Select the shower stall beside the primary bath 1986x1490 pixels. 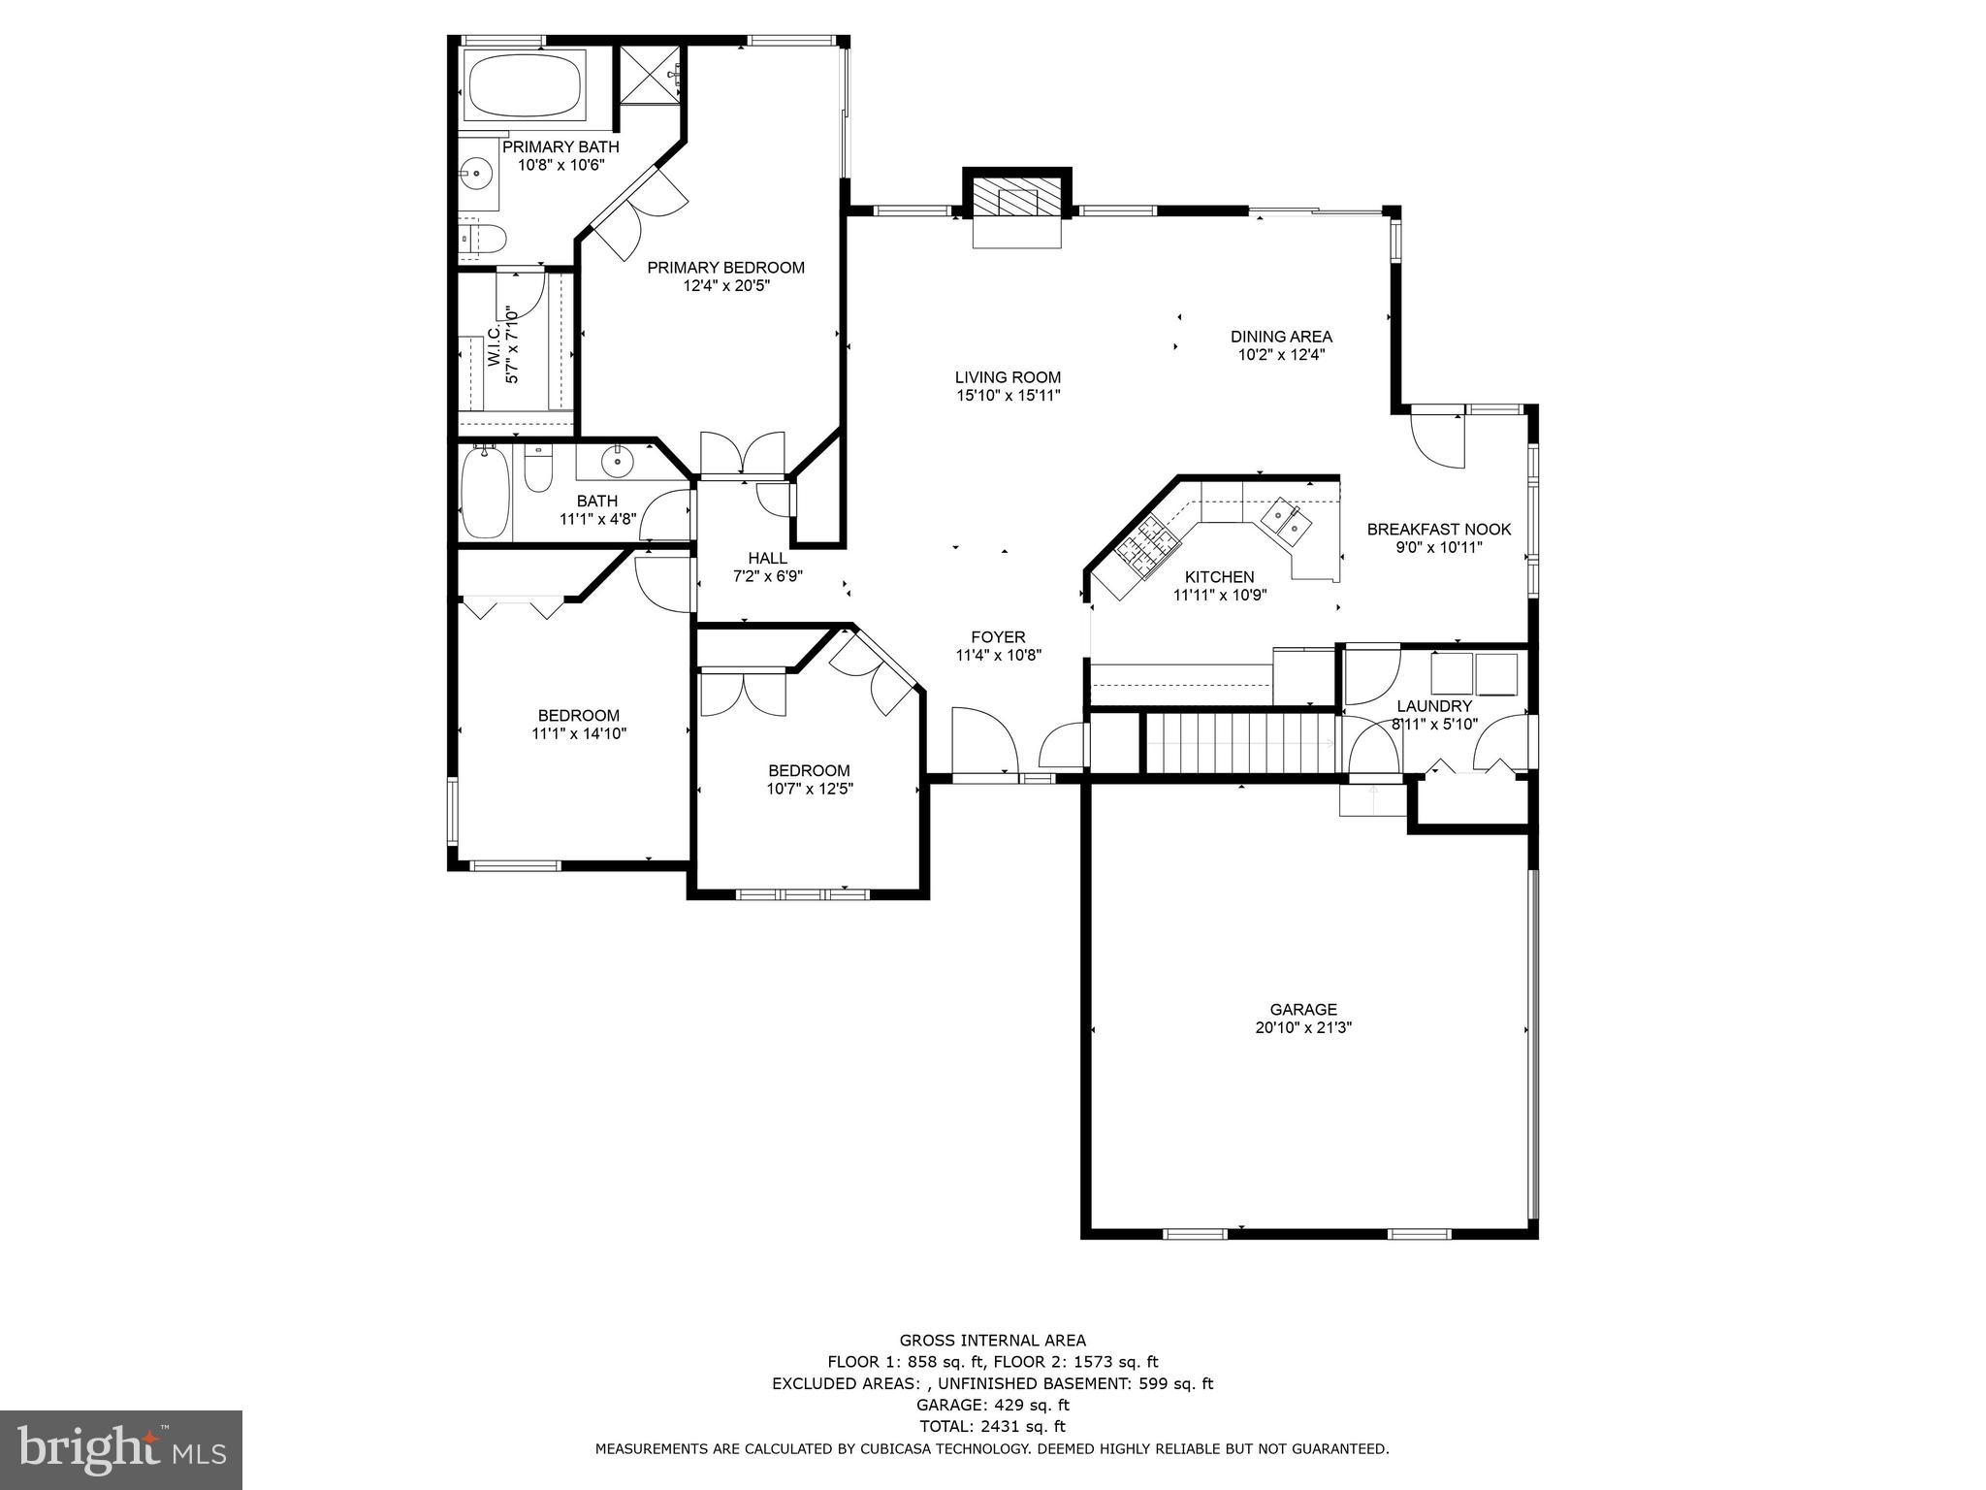652,74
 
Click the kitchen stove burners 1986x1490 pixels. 1145,545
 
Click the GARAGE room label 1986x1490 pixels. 1303,1010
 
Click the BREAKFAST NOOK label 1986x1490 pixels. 1438,529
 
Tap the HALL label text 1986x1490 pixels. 767,558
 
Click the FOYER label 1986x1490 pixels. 998,637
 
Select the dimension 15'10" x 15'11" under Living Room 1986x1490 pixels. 1008,396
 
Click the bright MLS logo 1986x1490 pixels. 121,1449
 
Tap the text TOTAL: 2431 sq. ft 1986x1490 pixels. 992,1426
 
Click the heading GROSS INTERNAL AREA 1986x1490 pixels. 992,1341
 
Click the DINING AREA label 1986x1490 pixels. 1281,337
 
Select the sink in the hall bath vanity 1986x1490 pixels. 615,462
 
